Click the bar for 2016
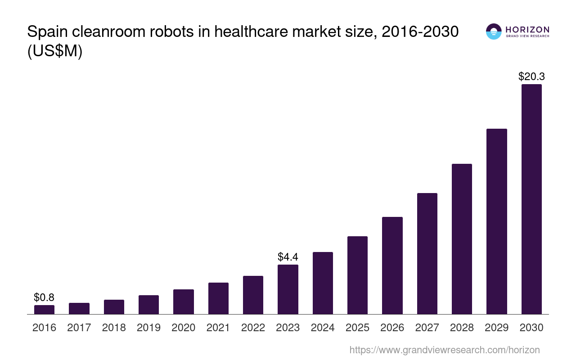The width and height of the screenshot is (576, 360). click(x=44, y=310)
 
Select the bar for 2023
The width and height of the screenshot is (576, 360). click(x=288, y=289)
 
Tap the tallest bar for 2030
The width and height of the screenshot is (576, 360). click(x=531, y=199)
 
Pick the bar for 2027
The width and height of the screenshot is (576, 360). click(x=427, y=253)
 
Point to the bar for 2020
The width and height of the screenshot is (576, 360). click(x=183, y=301)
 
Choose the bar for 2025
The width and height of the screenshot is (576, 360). click(x=357, y=275)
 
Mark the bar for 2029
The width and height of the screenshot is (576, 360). click(x=496, y=221)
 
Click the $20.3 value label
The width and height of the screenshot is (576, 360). click(x=531, y=76)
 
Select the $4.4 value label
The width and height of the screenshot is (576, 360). click(x=288, y=257)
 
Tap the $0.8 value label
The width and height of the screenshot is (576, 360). click(x=44, y=297)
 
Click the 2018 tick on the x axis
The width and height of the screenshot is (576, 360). click(x=114, y=328)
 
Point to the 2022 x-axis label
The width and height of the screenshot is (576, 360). click(x=253, y=328)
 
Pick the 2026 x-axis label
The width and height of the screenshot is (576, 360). click(x=392, y=328)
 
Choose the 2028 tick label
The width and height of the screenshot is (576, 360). click(x=462, y=328)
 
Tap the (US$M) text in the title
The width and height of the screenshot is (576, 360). click(x=55, y=51)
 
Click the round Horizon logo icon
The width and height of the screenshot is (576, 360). click(x=494, y=31)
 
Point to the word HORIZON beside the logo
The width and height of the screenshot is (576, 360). click(x=527, y=29)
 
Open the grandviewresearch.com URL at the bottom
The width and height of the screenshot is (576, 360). click(x=444, y=350)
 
